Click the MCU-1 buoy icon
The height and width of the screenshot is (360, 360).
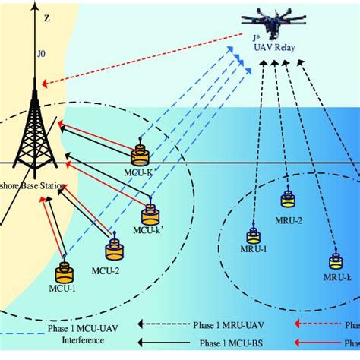[65, 275]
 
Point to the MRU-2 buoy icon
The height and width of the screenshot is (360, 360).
[289, 199]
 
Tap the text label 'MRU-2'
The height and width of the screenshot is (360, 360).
[289, 220]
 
